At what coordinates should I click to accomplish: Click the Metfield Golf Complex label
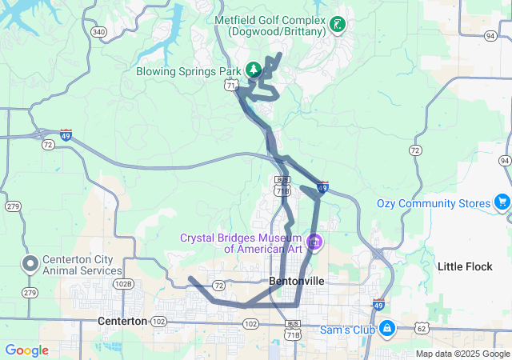270,25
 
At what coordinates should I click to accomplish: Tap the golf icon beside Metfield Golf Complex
338,24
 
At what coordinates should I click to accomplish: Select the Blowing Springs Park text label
189,70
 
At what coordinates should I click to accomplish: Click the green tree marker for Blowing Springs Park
254,70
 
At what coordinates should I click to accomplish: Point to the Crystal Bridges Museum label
240,242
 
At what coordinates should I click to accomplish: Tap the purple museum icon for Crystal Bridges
314,241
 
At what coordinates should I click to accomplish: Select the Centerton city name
122,321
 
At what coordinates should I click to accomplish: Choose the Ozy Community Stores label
433,203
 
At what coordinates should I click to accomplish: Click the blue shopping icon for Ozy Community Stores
502,201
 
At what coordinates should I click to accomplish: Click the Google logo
26,350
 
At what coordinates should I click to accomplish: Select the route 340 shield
98,32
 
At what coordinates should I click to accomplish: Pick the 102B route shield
123,283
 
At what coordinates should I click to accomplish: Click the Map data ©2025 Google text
462,354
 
